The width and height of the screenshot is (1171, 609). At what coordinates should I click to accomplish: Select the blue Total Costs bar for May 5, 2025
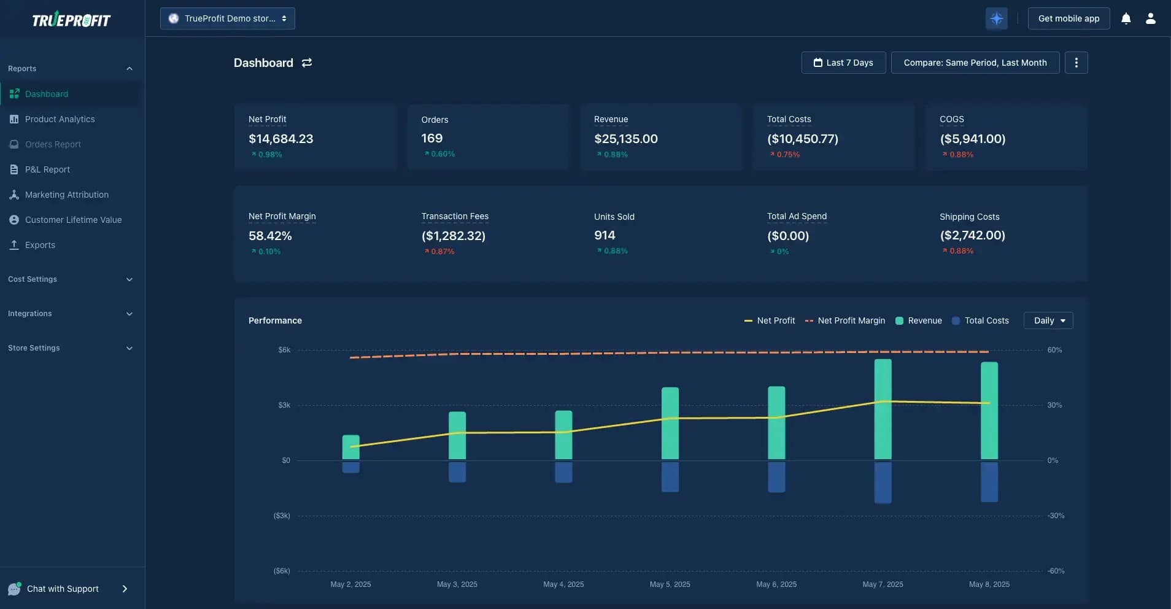(670, 476)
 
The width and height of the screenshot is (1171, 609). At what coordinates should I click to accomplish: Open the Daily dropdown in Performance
(1048, 320)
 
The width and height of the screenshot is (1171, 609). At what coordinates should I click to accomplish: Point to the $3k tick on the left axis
(284, 405)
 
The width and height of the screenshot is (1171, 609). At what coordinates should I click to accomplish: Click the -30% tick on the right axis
(1056, 516)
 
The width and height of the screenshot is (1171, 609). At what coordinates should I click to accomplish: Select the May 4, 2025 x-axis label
(563, 584)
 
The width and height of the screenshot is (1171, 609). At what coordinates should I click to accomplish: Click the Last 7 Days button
(843, 63)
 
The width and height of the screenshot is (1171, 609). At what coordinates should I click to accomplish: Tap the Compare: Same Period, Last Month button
(975, 63)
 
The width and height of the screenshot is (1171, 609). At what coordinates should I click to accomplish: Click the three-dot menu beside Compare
(1076, 63)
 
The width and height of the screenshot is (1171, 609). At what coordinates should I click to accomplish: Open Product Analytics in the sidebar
(60, 119)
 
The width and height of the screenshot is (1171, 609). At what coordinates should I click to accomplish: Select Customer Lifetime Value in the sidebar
(73, 220)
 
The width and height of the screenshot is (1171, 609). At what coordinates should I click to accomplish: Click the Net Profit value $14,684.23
(280, 139)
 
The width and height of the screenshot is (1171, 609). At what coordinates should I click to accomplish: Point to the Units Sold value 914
(605, 235)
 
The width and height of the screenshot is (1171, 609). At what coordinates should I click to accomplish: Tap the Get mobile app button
(1069, 18)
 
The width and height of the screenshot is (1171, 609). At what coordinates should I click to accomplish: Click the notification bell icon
(1126, 18)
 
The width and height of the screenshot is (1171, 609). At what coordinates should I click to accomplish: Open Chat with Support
(63, 589)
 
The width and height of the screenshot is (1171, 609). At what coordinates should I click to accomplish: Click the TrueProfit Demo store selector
(228, 18)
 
